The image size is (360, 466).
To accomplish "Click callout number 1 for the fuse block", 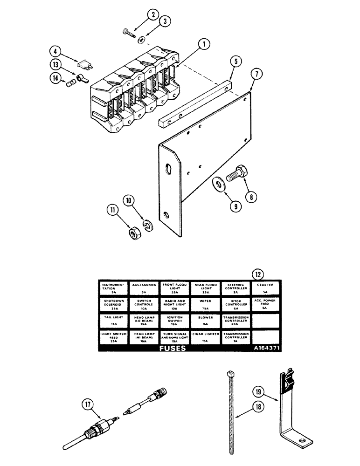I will pos(203,46).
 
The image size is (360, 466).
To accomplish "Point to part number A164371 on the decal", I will pos(266,348).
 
